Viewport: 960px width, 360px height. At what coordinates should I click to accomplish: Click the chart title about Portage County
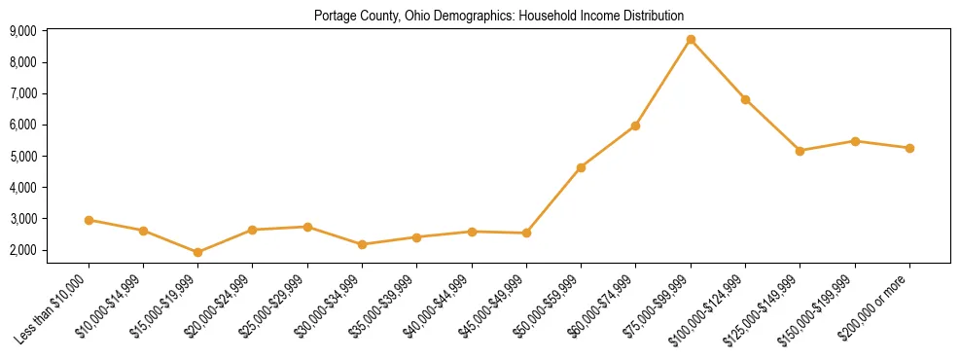pos(499,16)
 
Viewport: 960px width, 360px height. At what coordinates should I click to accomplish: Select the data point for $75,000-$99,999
pos(691,40)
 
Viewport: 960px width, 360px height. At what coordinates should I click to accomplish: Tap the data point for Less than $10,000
pos(89,220)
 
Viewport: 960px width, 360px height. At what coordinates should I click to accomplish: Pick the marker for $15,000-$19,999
pos(198,252)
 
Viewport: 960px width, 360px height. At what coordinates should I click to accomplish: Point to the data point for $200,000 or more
pos(909,148)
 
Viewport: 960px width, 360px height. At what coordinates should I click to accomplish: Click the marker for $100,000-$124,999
pos(745,99)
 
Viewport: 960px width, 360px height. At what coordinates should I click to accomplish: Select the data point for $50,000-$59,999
pos(581,167)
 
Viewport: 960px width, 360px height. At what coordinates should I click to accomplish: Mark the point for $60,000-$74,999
pos(635,126)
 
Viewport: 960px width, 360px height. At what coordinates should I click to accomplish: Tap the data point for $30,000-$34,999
pos(362,244)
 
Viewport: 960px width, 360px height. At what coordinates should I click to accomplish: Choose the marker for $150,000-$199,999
pos(855,141)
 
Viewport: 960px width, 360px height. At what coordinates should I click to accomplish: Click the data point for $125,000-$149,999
pos(800,151)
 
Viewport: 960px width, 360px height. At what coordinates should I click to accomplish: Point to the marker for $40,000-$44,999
pos(472,232)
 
